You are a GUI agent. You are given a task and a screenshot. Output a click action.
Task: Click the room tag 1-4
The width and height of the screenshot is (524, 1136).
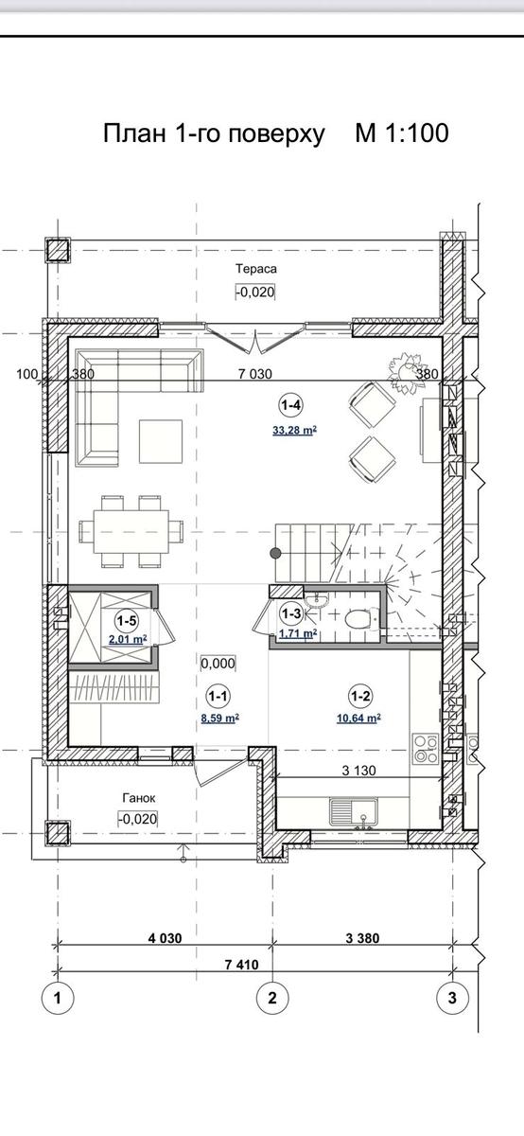click(291, 405)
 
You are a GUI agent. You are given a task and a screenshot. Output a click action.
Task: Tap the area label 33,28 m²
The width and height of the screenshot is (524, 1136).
click(294, 431)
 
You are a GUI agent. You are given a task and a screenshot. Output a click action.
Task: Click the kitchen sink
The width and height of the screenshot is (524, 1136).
click(353, 811)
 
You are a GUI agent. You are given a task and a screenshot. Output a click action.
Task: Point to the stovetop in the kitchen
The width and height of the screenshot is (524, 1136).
click(426, 749)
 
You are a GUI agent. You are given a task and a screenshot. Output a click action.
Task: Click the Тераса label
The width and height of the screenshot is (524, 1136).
click(256, 269)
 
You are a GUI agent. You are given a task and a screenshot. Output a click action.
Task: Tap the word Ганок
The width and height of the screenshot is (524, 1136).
click(139, 798)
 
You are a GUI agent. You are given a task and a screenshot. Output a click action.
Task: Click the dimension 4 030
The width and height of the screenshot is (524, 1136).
click(165, 938)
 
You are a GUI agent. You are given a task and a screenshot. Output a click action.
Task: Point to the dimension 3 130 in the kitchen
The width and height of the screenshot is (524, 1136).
click(359, 771)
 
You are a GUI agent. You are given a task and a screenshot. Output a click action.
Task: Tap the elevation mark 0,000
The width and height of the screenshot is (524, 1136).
click(218, 664)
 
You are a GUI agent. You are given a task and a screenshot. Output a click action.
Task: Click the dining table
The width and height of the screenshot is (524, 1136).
click(131, 531)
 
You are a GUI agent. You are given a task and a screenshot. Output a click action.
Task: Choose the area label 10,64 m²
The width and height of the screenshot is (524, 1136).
click(358, 719)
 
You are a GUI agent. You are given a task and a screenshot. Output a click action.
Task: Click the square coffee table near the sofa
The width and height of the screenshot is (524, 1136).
click(161, 441)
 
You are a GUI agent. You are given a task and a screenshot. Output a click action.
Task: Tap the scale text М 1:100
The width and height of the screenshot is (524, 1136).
click(402, 133)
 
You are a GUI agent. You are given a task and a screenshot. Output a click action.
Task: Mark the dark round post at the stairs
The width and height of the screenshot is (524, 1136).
click(276, 553)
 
